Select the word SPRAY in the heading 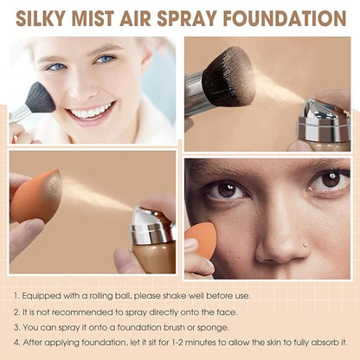point(191,17)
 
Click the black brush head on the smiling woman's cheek point(39,98)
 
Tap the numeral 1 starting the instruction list point(16,296)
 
